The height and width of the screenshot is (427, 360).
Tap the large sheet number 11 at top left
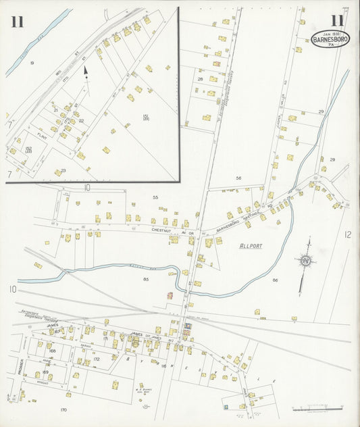[x=17, y=22]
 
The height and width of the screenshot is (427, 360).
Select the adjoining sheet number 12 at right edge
[x=347, y=234]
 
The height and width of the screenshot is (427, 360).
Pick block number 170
[x=63, y=410]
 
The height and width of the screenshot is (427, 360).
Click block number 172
[x=97, y=359]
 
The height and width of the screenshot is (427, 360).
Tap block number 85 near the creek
[x=146, y=278]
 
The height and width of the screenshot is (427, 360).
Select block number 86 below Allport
[x=275, y=279]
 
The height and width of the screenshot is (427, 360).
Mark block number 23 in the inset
[x=63, y=170]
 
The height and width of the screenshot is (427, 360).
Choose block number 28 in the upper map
[x=200, y=79]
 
